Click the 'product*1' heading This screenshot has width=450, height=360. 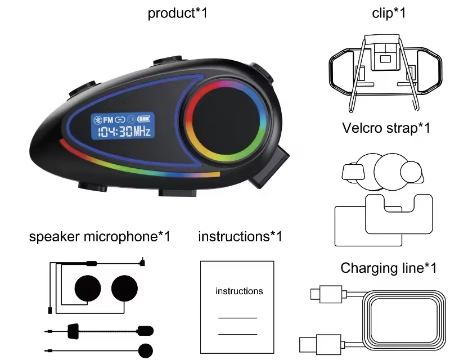[x=177, y=13]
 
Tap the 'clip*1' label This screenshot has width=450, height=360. [x=389, y=13]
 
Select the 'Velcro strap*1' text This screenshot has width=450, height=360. [x=386, y=128]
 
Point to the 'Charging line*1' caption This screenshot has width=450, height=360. [x=388, y=268]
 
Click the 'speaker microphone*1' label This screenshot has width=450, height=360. [x=100, y=237]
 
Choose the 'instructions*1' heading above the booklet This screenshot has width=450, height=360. [x=240, y=237]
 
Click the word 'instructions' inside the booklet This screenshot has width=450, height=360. [x=239, y=291]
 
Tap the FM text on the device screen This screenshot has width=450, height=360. [x=107, y=120]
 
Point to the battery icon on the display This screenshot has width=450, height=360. [x=146, y=120]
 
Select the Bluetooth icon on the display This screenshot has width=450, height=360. [x=96, y=120]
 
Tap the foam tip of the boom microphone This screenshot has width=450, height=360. [x=146, y=328]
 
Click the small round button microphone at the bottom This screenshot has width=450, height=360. [x=146, y=349]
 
